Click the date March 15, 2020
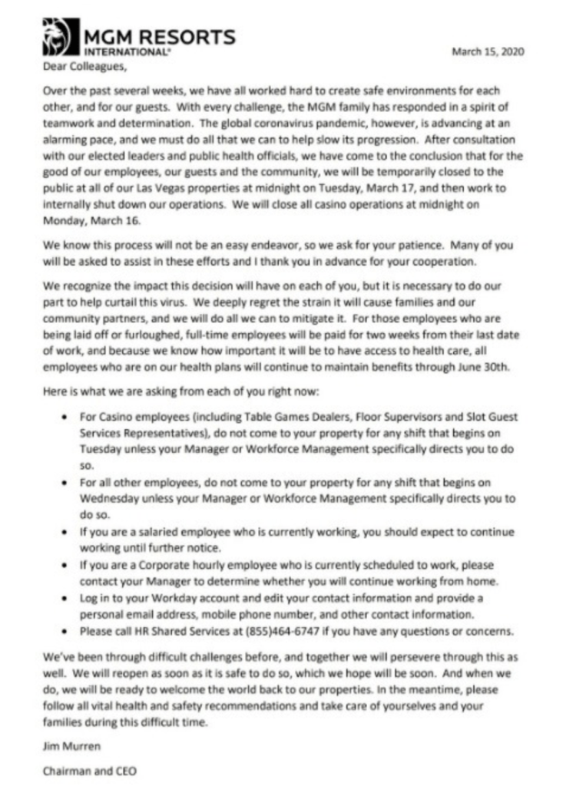click(x=488, y=51)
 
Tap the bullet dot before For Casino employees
click(x=63, y=417)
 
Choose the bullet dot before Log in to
click(x=63, y=597)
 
